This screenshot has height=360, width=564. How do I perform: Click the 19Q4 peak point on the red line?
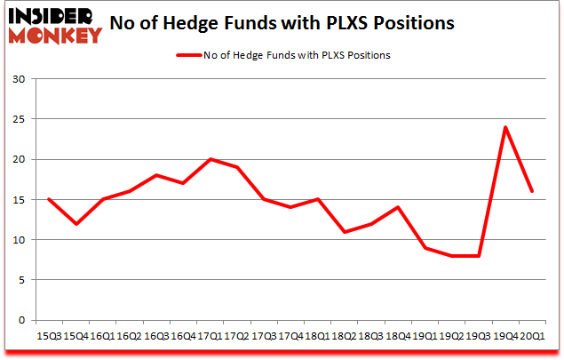click(504, 127)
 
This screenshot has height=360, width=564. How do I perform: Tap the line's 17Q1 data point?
click(211, 159)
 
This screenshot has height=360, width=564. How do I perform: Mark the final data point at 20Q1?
click(531, 191)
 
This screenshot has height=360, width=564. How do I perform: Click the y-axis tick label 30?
click(19, 79)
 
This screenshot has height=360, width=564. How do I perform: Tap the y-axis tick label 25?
click(19, 119)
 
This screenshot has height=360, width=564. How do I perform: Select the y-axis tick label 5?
click(21, 280)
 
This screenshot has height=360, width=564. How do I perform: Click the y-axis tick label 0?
click(21, 320)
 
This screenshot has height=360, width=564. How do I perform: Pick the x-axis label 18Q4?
click(399, 337)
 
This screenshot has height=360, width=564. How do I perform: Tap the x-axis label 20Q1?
click(531, 337)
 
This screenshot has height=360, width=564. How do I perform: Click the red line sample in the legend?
click(191, 55)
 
